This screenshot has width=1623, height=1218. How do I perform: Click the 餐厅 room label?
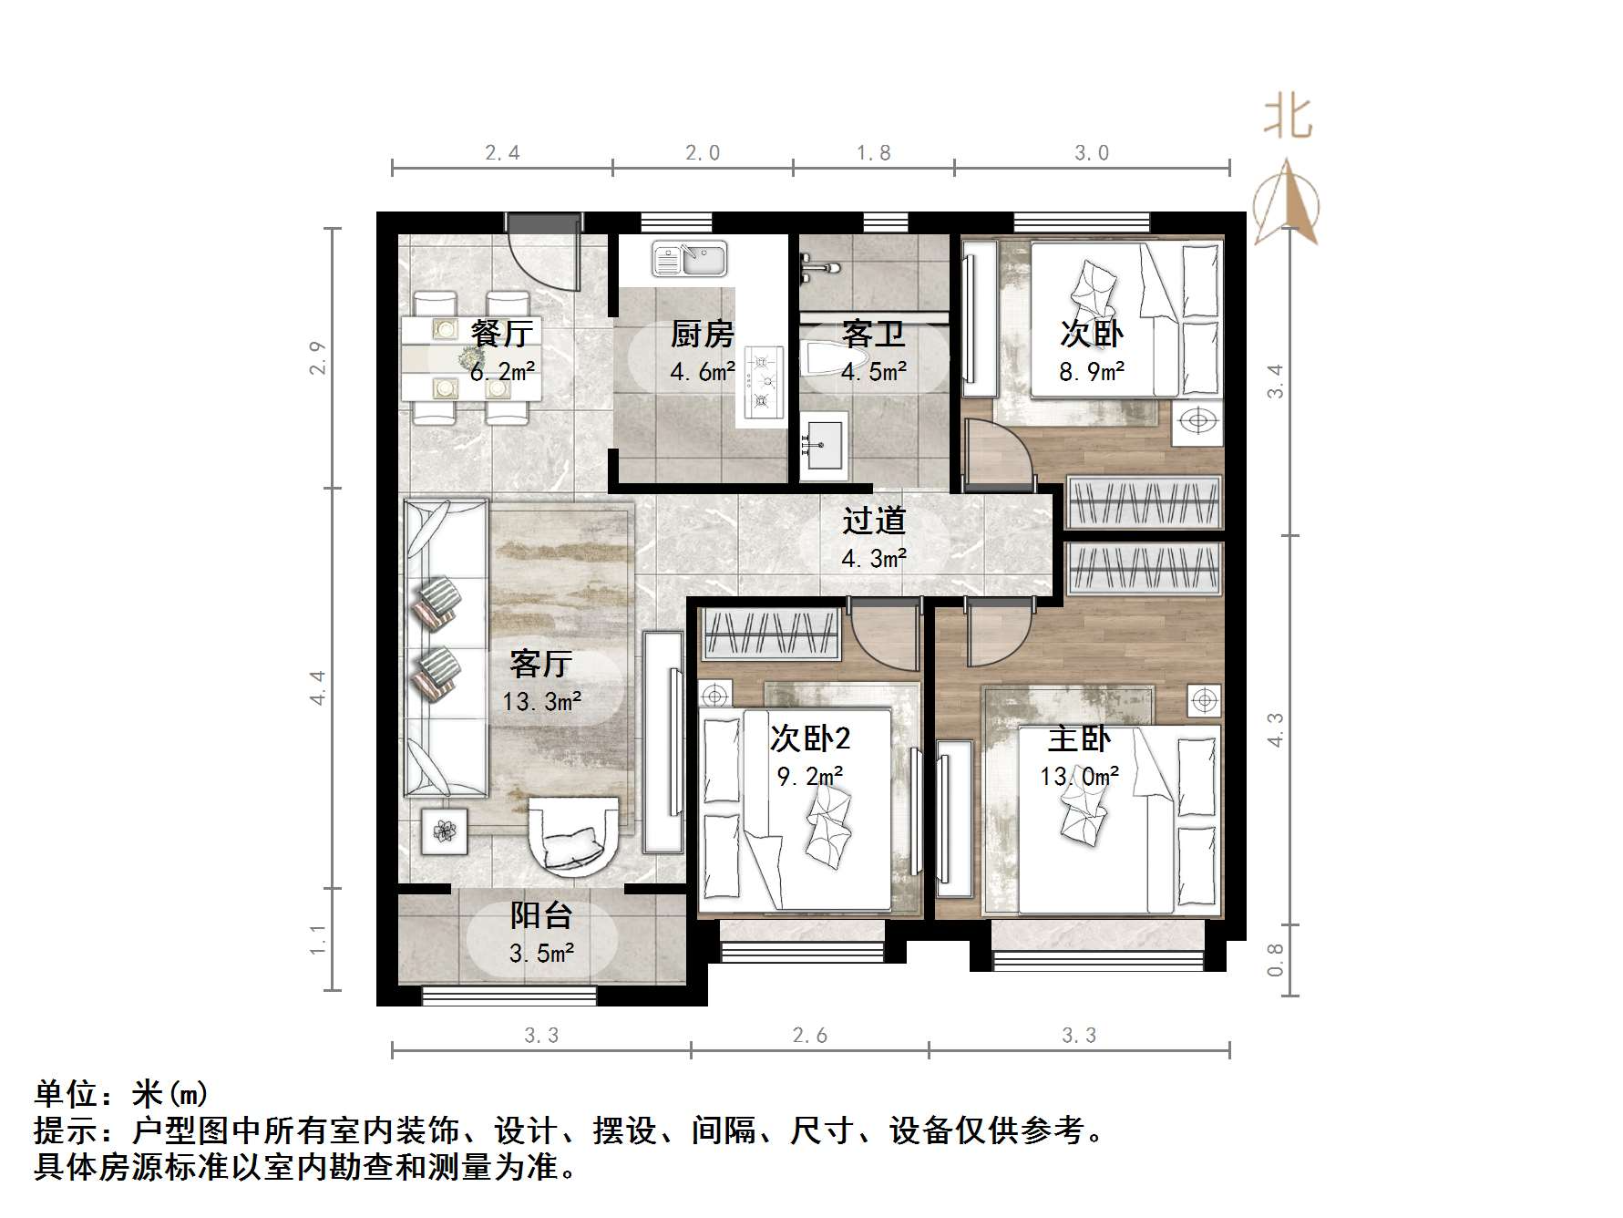(501, 334)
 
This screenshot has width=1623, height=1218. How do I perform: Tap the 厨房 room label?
(702, 335)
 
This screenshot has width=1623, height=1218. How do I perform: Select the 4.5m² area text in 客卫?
(874, 372)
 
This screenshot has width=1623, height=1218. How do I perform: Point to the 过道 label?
(874, 521)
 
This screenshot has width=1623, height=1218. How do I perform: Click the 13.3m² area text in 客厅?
(542, 702)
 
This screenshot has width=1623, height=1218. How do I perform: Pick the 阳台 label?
(541, 915)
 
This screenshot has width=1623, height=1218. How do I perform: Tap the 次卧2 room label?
(810, 738)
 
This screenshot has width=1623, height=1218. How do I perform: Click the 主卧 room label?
(1079, 738)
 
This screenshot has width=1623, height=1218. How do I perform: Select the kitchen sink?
(690, 259)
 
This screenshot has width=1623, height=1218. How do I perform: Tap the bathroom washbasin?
(824, 444)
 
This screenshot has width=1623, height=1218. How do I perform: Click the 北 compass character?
(1287, 118)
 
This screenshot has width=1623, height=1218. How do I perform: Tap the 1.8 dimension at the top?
(874, 153)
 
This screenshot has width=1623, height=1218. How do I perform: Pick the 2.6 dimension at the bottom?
(810, 1036)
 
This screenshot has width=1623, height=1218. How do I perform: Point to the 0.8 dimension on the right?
(1275, 959)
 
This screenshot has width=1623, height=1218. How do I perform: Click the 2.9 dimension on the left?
(317, 358)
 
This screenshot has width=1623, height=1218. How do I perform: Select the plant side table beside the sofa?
(445, 831)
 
